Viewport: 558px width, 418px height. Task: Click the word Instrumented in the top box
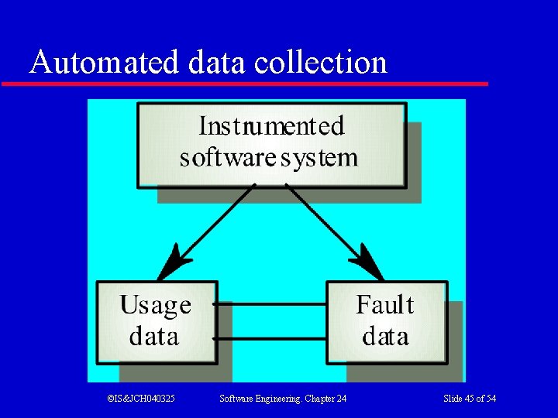point(271,126)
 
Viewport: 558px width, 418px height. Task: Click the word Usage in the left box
point(155,306)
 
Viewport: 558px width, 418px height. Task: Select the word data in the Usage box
point(153,337)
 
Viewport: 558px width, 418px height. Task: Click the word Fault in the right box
point(384,305)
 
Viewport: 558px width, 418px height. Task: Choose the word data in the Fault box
point(385,337)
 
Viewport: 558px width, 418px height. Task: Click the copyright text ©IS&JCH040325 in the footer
point(140,398)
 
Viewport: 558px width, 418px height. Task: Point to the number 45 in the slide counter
point(470,398)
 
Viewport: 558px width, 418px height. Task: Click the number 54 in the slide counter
point(490,398)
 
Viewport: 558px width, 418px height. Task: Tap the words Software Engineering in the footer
point(260,398)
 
